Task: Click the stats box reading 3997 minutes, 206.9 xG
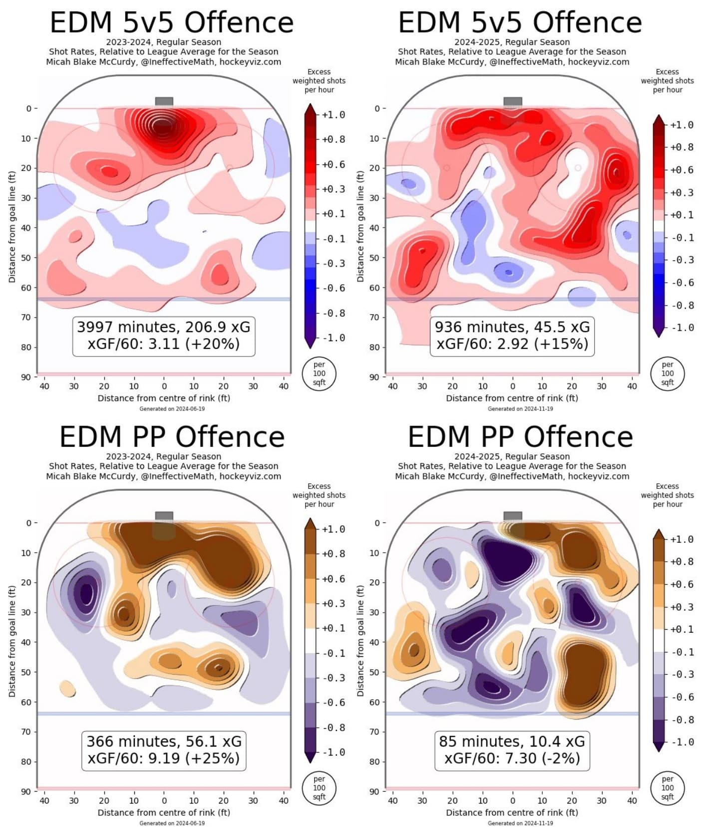pyautogui.click(x=164, y=336)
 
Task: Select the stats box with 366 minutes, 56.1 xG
pyautogui.click(x=164, y=750)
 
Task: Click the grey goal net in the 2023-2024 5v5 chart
pyautogui.click(x=164, y=101)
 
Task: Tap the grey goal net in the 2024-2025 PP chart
pyautogui.click(x=513, y=516)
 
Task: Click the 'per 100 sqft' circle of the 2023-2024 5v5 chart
pyautogui.click(x=319, y=374)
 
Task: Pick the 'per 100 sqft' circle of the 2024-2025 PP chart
pyautogui.click(x=668, y=788)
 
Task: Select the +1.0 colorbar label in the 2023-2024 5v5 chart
pyautogui.click(x=334, y=115)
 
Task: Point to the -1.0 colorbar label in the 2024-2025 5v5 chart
pyautogui.click(x=682, y=328)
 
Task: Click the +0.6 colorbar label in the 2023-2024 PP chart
pyautogui.click(x=334, y=579)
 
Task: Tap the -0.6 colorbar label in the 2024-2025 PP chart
pyautogui.click(x=682, y=697)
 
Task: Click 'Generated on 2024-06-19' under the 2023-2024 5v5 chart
pyautogui.click(x=172, y=409)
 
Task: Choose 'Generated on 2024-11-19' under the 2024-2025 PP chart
pyautogui.click(x=520, y=823)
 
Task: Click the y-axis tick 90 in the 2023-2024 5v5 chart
pyautogui.click(x=26, y=377)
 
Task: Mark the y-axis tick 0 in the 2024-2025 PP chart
pyautogui.click(x=377, y=523)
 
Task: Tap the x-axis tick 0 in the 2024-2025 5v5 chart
pyautogui.click(x=513, y=386)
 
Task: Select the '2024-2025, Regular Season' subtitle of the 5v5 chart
pyautogui.click(x=512, y=42)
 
